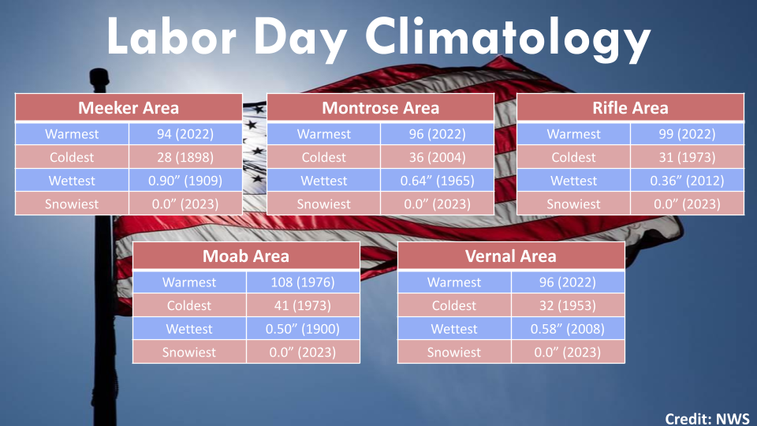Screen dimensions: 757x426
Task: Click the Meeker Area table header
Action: pos(129,108)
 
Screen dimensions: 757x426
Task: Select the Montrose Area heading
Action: pos(380,108)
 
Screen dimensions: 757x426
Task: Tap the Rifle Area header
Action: pos(630,108)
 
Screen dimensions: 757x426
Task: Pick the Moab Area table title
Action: pos(246,256)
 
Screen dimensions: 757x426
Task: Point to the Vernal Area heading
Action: pos(511,256)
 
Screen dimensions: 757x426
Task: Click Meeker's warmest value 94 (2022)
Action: pos(185,134)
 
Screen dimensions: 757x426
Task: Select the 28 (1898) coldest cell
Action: pos(185,157)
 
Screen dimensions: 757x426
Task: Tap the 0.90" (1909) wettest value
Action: pos(185,180)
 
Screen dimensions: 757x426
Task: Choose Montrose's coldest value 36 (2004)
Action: pos(437,157)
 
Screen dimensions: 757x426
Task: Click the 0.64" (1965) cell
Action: pos(437,180)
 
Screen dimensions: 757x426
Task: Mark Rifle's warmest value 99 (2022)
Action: pos(687,134)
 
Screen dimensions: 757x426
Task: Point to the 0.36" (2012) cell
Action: pos(687,180)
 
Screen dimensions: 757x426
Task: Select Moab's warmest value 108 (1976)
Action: pos(303,282)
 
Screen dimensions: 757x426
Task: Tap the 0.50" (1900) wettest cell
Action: pos(303,328)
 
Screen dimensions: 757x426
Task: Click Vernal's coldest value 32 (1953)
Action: pos(567,305)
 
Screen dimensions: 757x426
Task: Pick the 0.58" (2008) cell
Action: pos(567,328)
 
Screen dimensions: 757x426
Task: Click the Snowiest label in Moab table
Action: pos(188,352)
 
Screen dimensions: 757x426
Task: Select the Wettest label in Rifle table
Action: pos(573,180)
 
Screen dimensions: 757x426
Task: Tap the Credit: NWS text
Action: pos(707,418)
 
